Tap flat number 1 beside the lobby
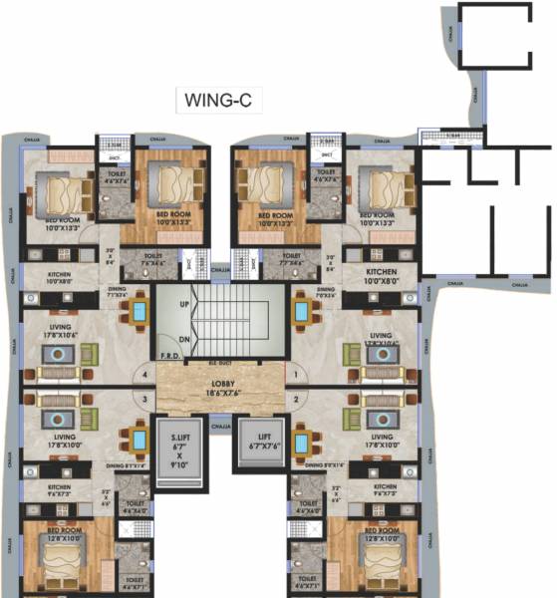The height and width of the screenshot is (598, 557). (297, 375)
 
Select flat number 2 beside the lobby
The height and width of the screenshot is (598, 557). (297, 401)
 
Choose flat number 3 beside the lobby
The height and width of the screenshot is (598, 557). (145, 401)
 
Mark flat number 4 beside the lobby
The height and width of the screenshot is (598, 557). (145, 375)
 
